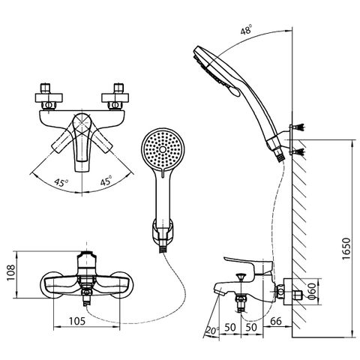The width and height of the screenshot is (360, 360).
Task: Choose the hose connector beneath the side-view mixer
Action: click(242, 301)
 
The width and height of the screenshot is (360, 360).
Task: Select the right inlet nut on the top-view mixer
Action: click(118, 94)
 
